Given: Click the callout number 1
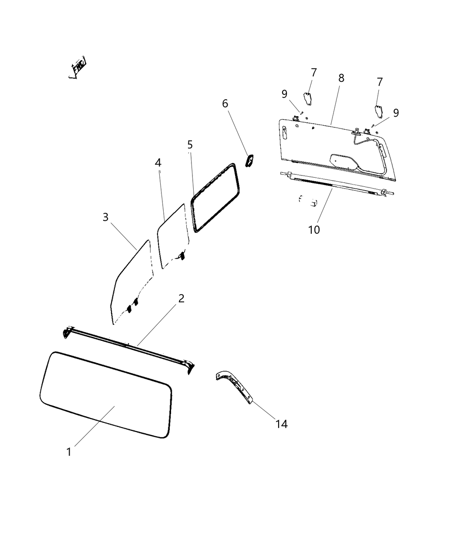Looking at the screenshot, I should coord(69,452).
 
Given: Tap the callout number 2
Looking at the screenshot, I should coord(181,298).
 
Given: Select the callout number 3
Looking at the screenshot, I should coord(105,217).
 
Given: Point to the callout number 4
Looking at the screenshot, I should coord(158,162).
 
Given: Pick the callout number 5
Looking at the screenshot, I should coord(190,144).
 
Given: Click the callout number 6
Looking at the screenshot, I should coord(225,103).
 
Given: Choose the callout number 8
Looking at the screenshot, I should coord(341,78).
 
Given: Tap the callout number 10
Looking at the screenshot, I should coord(314,229).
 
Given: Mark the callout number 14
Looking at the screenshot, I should coord(282,424).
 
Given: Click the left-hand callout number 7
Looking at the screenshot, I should coord(313,72).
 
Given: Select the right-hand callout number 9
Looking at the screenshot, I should coord(396,113).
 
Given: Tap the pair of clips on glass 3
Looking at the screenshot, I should coord(132,305).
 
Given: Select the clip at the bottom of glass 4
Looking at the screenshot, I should coord(181,256).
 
